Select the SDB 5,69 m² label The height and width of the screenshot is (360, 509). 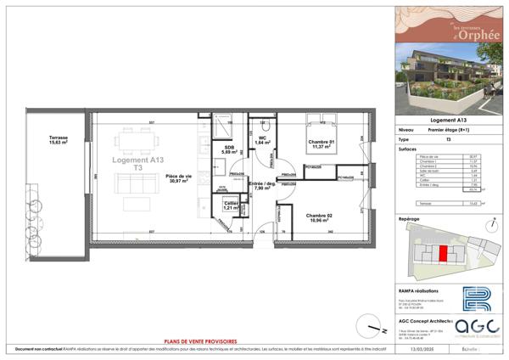point(228,149)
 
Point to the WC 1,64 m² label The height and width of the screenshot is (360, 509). point(263,140)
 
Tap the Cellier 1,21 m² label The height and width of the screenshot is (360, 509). point(230,205)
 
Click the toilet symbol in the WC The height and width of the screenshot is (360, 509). point(266,127)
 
